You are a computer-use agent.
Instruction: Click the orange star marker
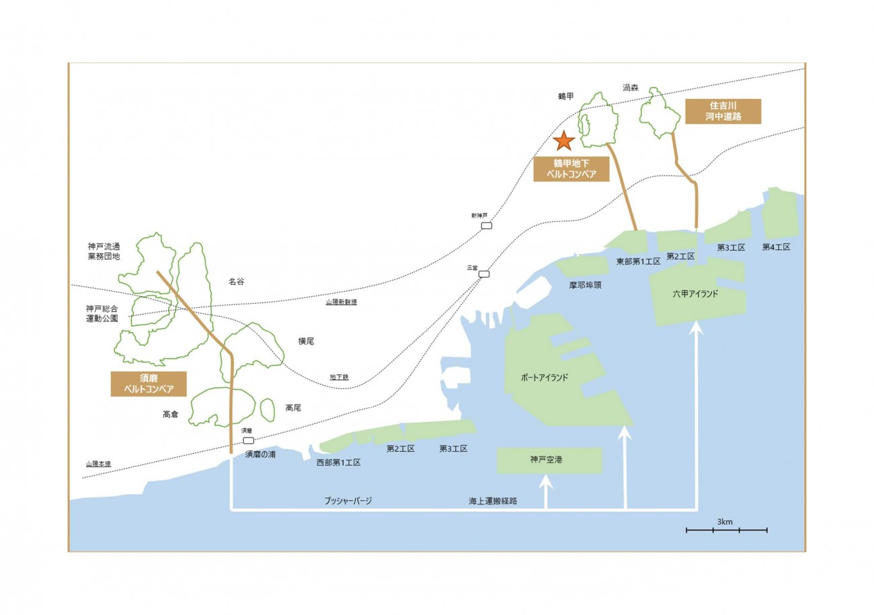pyautogui.click(x=563, y=140)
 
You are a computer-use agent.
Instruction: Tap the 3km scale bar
pyautogui.click(x=726, y=530)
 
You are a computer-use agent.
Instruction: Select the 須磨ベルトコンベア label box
pyautogui.click(x=149, y=384)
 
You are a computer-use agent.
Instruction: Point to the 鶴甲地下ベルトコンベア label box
pyautogui.click(x=571, y=169)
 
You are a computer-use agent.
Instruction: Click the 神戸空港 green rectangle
pyautogui.click(x=549, y=460)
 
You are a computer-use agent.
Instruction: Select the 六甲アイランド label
pyautogui.click(x=695, y=294)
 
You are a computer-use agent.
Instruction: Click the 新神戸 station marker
pyautogui.click(x=486, y=226)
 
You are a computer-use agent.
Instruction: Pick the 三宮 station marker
pyautogui.click(x=483, y=274)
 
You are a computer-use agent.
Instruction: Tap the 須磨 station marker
pyautogui.click(x=248, y=440)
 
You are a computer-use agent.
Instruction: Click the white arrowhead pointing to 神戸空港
pyautogui.click(x=545, y=481)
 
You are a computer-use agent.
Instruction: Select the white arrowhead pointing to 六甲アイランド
pyautogui.click(x=697, y=329)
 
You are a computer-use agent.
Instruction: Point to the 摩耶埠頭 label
pyautogui.click(x=584, y=284)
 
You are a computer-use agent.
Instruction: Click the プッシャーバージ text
pyautogui.click(x=348, y=501)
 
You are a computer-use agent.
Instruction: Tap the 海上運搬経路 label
pyautogui.click(x=498, y=501)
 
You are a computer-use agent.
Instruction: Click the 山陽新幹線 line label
pyautogui.click(x=341, y=302)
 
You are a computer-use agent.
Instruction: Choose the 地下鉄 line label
pyautogui.click(x=339, y=378)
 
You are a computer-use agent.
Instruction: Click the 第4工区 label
pyautogui.click(x=776, y=247)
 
